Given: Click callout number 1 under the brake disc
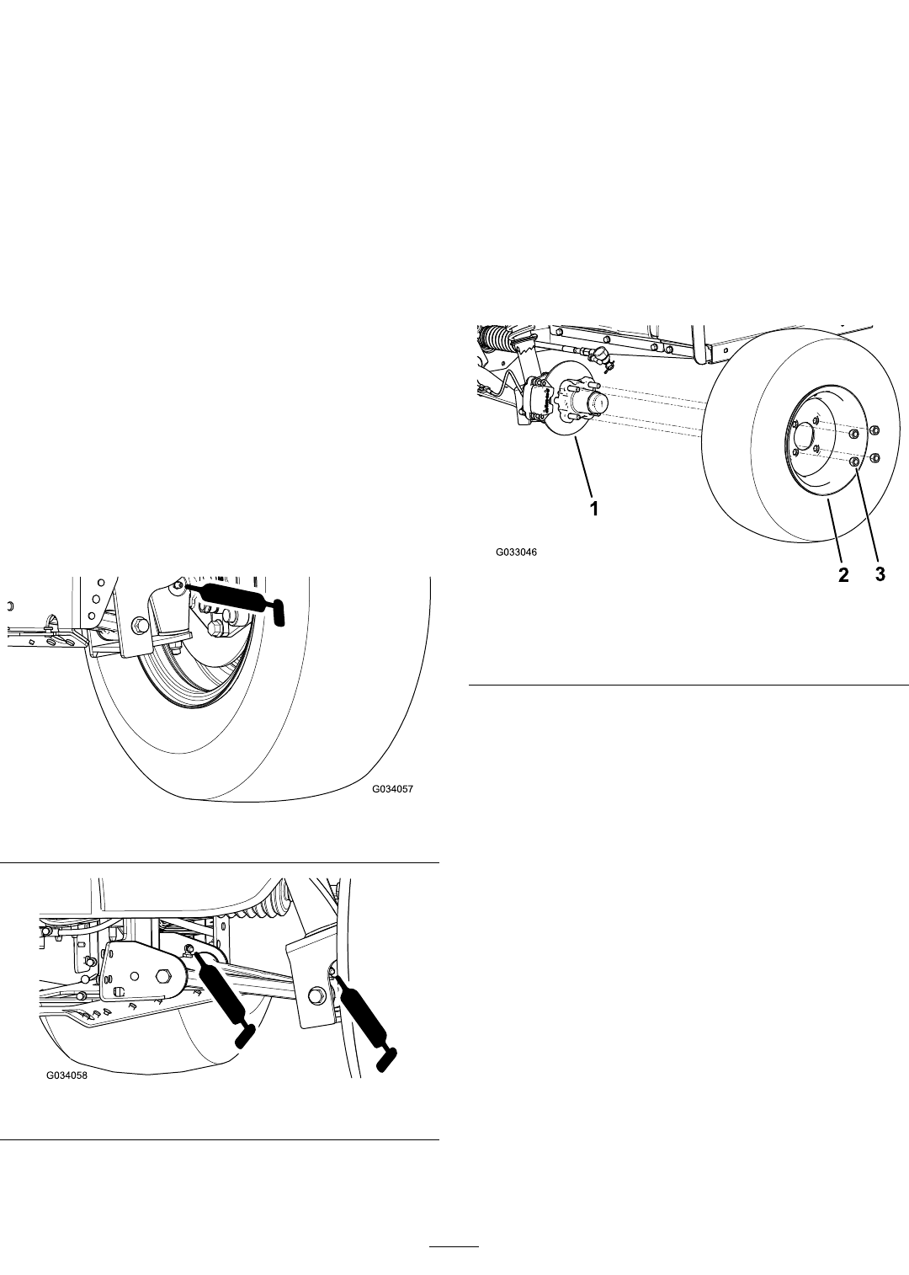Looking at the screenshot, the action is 594,509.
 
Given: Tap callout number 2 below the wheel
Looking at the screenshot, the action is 843,574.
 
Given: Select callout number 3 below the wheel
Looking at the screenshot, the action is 880,574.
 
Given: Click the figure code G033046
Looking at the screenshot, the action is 516,552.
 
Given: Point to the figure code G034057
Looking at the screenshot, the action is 392,789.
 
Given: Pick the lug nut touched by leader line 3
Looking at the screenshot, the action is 853,461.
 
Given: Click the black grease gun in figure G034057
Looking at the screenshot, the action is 233,600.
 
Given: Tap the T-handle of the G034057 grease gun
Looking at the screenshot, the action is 278,612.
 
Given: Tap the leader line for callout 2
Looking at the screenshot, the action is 833,532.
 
